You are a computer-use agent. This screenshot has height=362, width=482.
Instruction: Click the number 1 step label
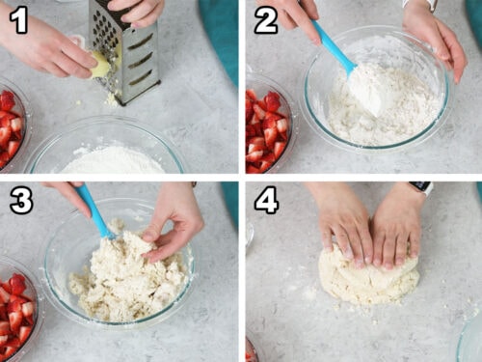pos(18,21)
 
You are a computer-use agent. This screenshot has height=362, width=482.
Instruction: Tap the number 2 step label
pos(266,21)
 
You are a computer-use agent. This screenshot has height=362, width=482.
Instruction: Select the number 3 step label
pos(21,202)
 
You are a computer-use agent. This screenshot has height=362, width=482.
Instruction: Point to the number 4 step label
pos(266,202)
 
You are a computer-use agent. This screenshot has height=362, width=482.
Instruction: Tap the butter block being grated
pos(101,66)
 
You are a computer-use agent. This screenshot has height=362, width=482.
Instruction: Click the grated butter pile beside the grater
pos(110,98)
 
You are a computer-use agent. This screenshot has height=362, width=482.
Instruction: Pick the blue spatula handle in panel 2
pos(334,45)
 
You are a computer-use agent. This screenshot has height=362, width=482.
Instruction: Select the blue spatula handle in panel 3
pos(95,211)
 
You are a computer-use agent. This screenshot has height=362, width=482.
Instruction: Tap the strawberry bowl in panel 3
pos(18,309)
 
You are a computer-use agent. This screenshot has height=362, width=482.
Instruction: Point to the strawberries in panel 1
pos(11,127)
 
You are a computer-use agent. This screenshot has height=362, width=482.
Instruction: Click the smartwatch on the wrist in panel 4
pos(421,187)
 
